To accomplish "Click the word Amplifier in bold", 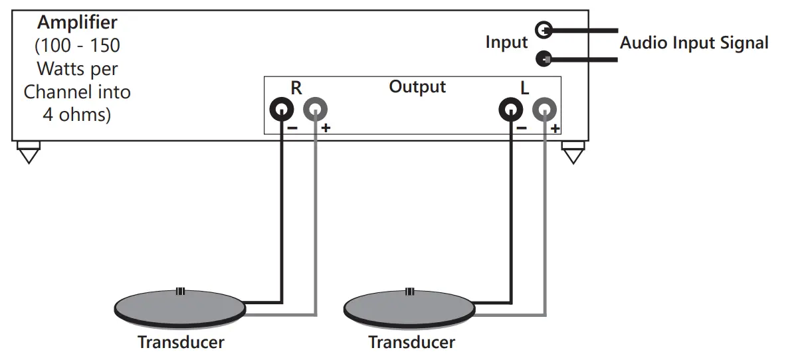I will point(77,23).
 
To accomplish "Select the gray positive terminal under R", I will point(315,109).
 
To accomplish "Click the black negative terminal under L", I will point(511,109).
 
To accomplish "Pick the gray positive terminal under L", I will point(544,109).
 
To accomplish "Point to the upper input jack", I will point(544,29).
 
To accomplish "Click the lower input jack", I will point(544,58).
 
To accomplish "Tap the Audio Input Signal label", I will point(694,43).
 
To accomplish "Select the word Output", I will point(417,87).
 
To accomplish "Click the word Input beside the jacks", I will point(506,43).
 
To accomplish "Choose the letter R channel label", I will point(296,88).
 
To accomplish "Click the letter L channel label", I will point(524,88).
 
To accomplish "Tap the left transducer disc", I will point(179,308).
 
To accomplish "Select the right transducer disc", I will point(409,308).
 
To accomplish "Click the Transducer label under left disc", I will point(181,342).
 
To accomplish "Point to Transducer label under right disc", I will point(411,342).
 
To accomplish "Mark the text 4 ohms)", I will point(77,114).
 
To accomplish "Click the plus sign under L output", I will point(555,129).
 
